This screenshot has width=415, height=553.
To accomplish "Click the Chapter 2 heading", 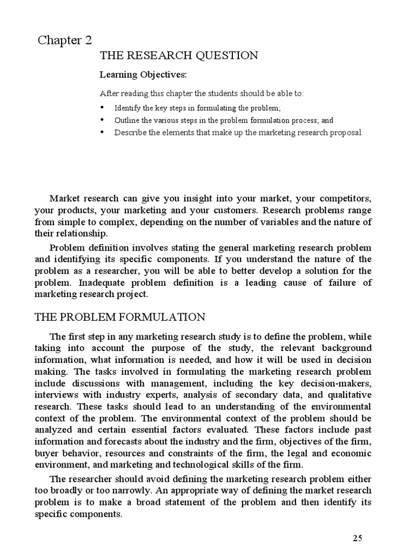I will (x=65, y=41).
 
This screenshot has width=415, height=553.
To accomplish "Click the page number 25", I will (x=357, y=537).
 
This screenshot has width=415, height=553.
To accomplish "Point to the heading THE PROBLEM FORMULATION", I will (x=119, y=316).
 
